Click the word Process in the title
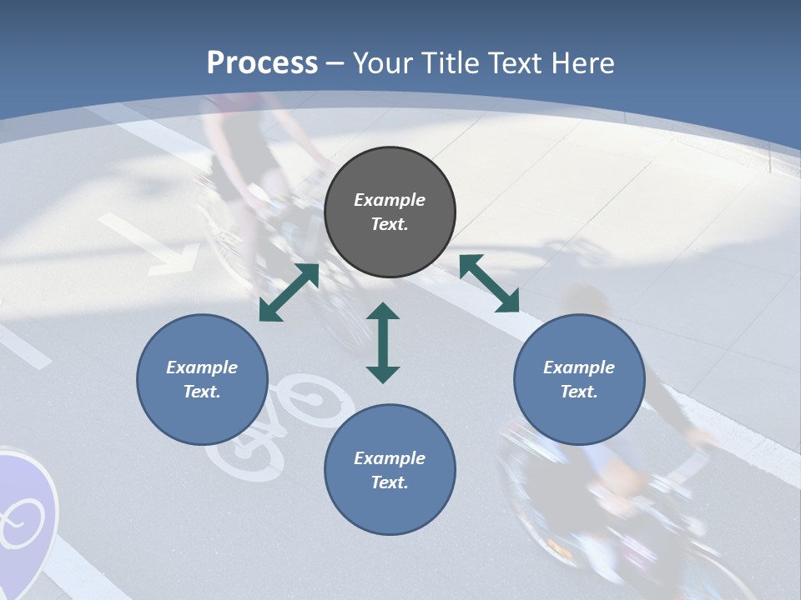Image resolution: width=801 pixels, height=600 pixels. [x=262, y=63]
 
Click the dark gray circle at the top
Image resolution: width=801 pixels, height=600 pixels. [x=390, y=212]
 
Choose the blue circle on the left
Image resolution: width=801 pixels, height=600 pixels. [x=202, y=379]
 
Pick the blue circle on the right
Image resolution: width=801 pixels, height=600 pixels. [x=579, y=379]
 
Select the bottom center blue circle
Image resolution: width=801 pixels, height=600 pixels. [x=390, y=469]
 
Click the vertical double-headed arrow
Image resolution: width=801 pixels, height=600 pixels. [x=383, y=342]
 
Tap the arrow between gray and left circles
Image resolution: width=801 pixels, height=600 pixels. [x=289, y=292]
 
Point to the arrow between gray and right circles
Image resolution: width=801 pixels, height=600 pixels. [x=489, y=283]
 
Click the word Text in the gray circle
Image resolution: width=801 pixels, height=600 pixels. [x=390, y=225]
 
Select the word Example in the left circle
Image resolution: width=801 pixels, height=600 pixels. [x=202, y=367]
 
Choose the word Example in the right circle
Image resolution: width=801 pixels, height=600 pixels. [x=579, y=367]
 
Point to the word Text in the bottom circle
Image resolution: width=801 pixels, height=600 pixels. [x=390, y=482]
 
